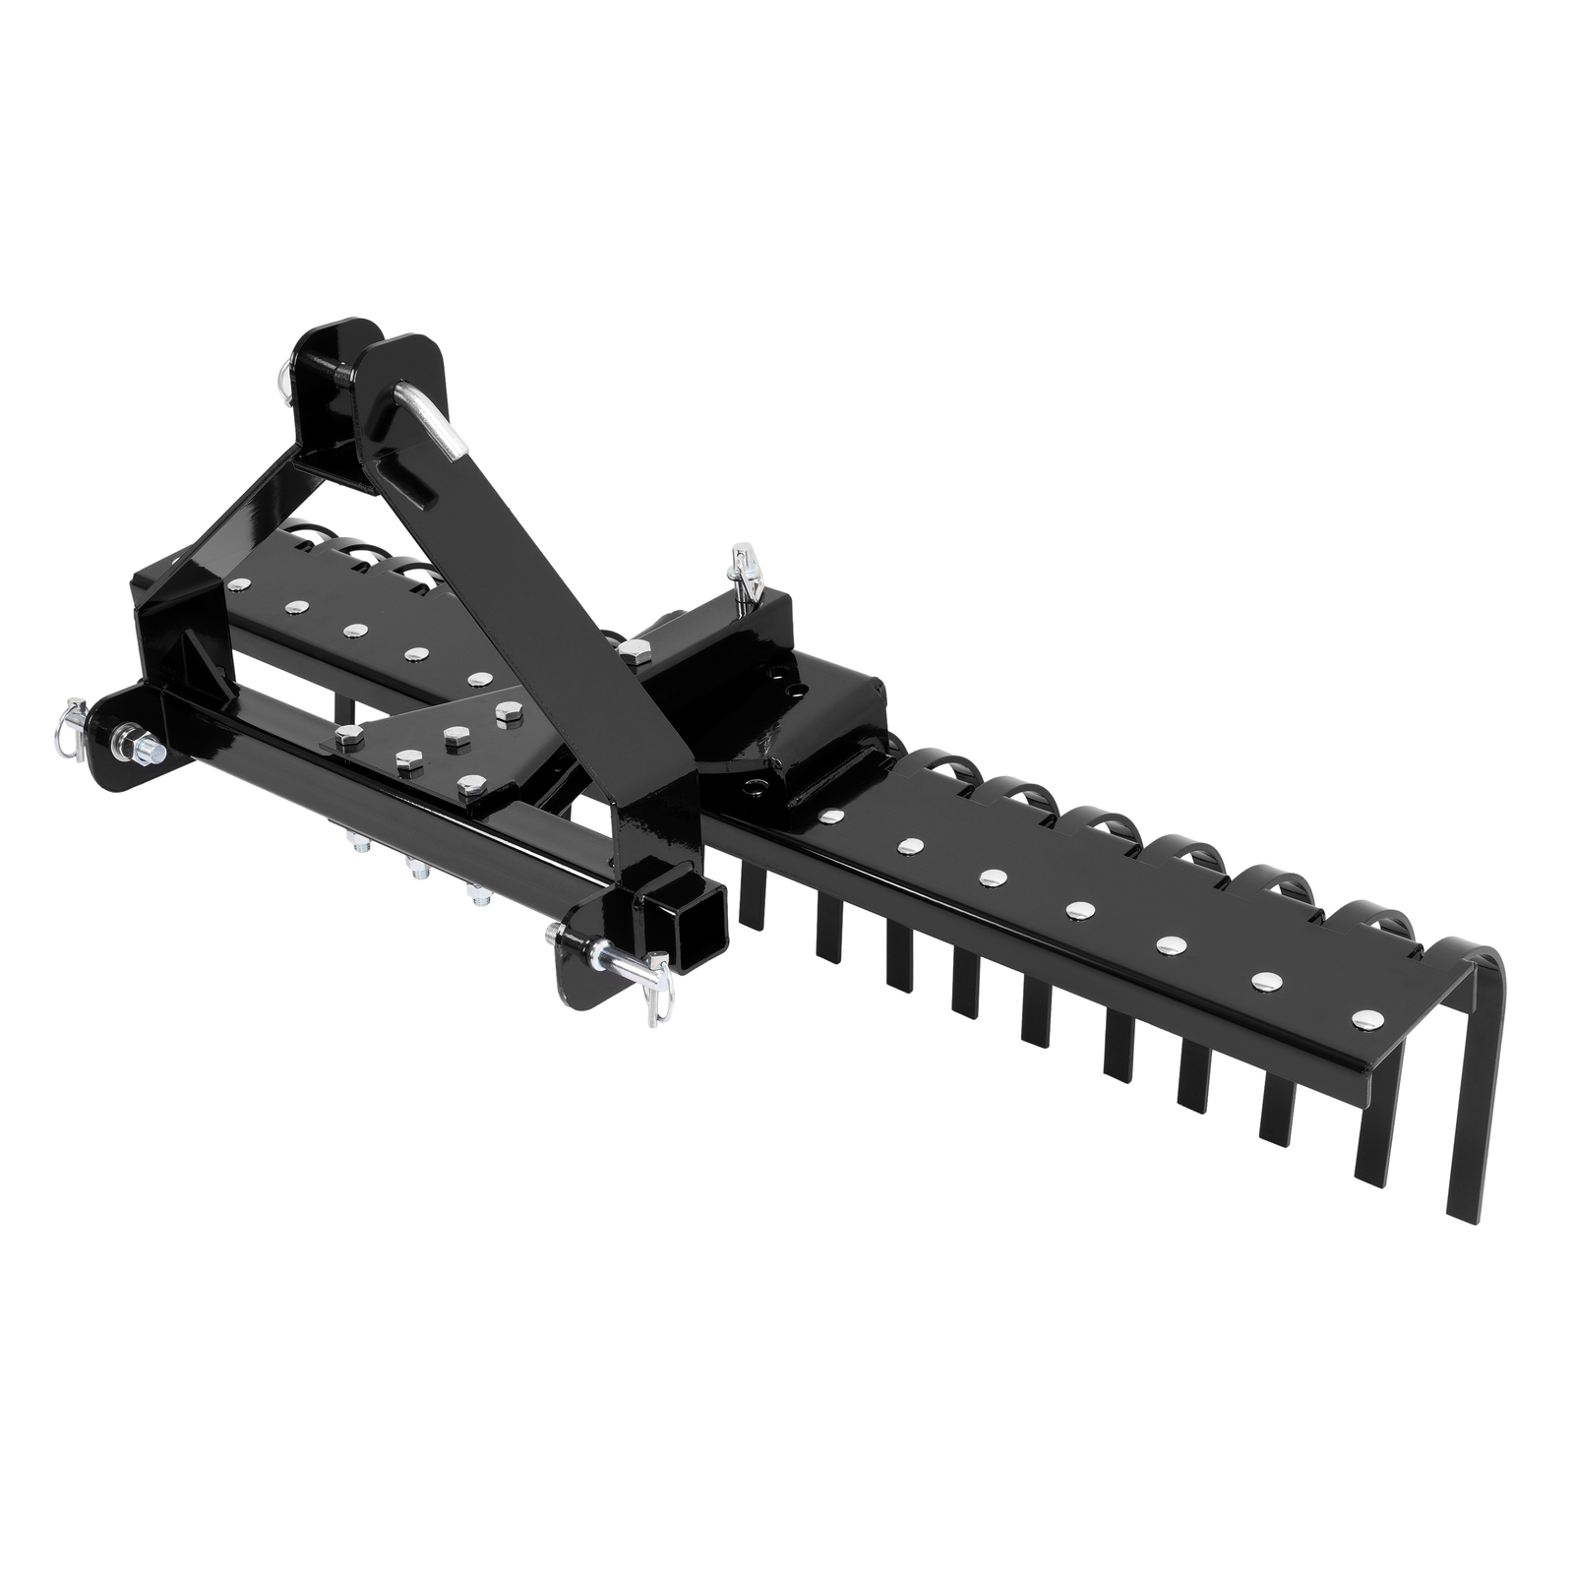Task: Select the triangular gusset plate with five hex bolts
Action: coord(433,748)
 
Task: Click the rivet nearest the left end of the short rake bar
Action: coord(237,587)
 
